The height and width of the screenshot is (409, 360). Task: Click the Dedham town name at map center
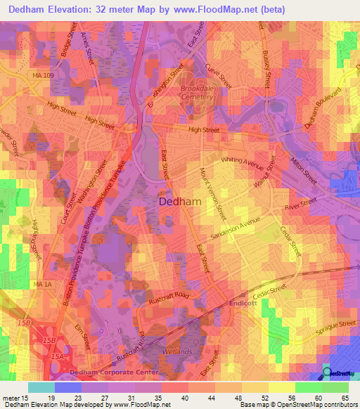tap(181, 201)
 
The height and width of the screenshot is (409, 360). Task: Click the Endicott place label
tap(244, 304)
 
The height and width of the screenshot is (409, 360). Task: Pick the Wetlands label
tap(178, 351)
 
